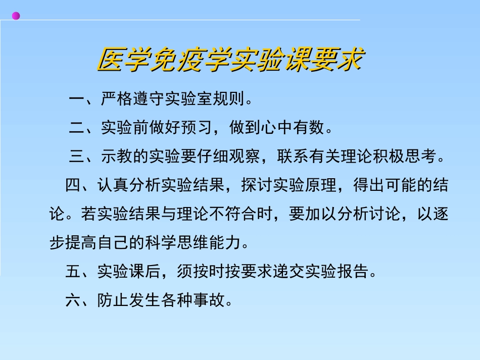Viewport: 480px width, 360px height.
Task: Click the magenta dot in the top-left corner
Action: [16, 16]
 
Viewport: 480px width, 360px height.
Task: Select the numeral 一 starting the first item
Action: [77, 99]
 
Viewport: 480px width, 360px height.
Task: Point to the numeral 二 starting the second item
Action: [77, 128]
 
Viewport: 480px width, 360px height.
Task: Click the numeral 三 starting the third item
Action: [77, 157]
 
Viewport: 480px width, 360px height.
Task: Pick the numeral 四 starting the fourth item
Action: [73, 186]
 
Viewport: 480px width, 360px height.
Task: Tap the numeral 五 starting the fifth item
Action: [73, 273]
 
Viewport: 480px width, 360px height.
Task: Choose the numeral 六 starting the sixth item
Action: [73, 301]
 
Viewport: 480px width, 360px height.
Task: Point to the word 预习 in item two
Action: [205, 128]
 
